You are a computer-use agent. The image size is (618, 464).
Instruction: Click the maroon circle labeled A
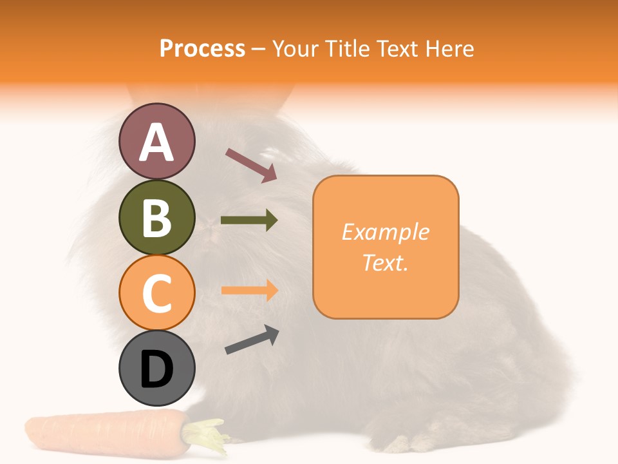pyautogui.click(x=156, y=142)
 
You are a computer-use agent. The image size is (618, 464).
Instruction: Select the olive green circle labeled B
pyautogui.click(x=156, y=217)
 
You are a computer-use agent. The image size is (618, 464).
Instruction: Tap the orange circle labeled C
pyautogui.click(x=156, y=293)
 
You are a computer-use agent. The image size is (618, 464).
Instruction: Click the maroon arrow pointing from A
pyautogui.click(x=251, y=165)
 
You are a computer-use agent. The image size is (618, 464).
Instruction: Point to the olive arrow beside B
pyautogui.click(x=249, y=220)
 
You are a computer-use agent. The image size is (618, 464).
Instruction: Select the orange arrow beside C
pyautogui.click(x=249, y=290)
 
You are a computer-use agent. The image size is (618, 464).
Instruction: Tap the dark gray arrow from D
pyautogui.click(x=252, y=340)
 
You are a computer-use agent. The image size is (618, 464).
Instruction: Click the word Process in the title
pyautogui.click(x=202, y=48)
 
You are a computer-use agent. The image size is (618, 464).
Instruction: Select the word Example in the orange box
pyautogui.click(x=386, y=232)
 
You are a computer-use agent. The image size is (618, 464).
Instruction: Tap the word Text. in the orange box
pyautogui.click(x=386, y=262)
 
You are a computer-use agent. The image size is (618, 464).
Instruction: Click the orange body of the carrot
pyautogui.click(x=103, y=434)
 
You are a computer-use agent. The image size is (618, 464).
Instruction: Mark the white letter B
pyautogui.click(x=156, y=218)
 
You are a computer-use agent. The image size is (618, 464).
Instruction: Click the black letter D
pyautogui.click(x=156, y=369)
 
